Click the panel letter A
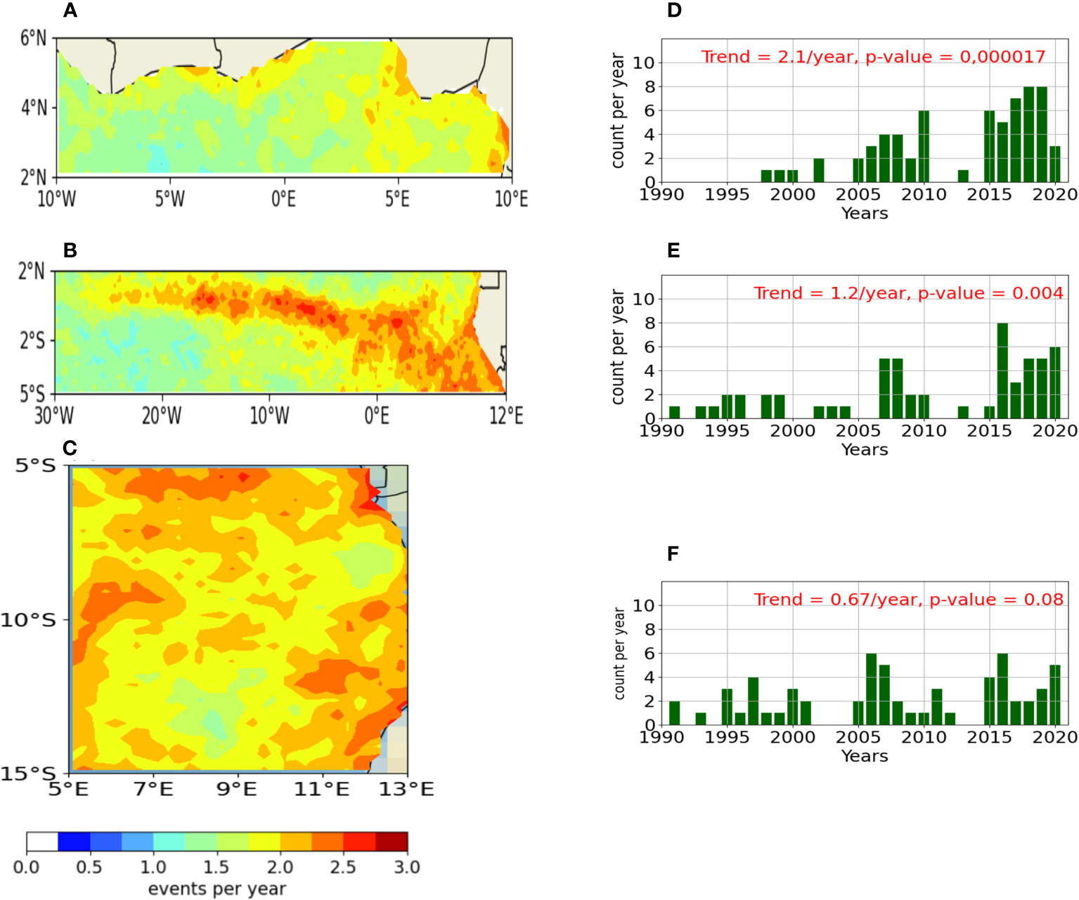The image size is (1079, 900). click(70, 11)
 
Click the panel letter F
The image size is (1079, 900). click(673, 554)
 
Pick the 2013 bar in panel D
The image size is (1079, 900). click(963, 176)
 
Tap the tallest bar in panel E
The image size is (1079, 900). click(1002, 371)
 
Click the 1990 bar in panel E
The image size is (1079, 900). click(675, 412)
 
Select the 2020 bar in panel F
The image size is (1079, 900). click(1054, 695)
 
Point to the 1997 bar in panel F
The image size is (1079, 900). click(753, 701)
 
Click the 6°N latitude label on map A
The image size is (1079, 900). click(33, 38)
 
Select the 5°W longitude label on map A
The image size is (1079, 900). click(169, 200)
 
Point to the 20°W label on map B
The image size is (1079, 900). click(162, 416)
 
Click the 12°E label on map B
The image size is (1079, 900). click(506, 416)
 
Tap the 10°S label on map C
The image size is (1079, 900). click(28, 620)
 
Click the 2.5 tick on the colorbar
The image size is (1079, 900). click(343, 867)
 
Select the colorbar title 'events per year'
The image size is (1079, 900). click(217, 889)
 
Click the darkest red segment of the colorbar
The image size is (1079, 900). click(392, 842)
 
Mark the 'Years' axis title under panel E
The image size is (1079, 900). click(865, 450)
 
